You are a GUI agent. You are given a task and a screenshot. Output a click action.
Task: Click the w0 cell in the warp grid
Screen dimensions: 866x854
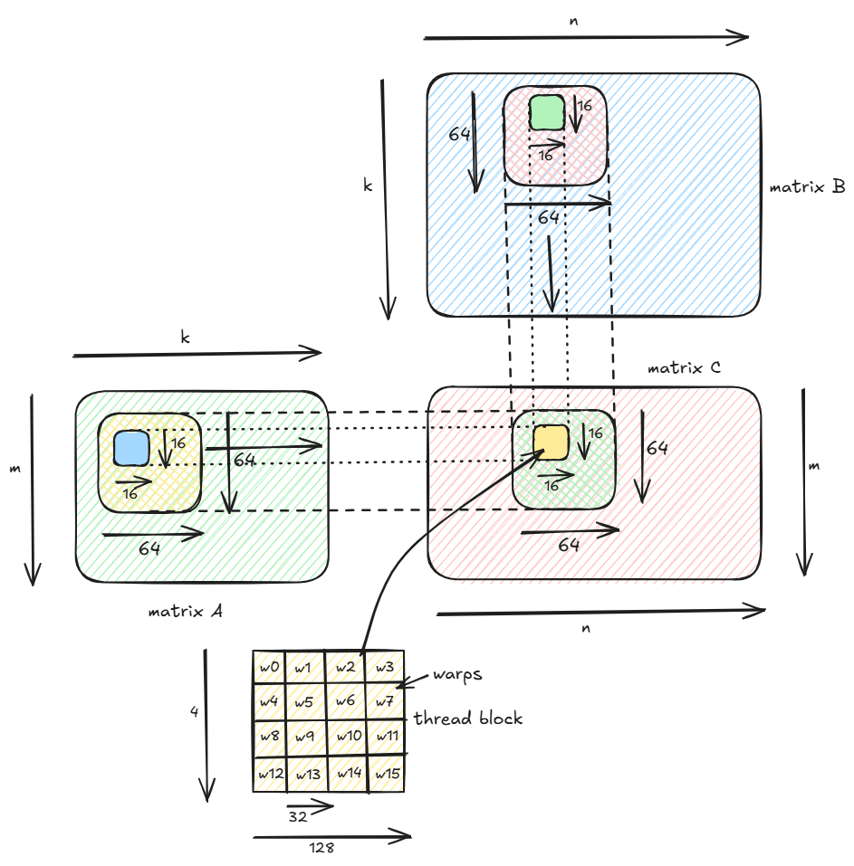(x=269, y=668)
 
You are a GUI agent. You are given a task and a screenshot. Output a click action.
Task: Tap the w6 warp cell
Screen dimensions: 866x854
(x=345, y=700)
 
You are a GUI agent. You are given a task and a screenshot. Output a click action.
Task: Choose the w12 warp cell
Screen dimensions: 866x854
(x=270, y=774)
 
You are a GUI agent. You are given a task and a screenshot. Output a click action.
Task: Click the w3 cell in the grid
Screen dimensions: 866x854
(x=385, y=668)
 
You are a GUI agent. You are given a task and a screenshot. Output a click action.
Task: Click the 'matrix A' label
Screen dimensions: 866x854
(x=186, y=611)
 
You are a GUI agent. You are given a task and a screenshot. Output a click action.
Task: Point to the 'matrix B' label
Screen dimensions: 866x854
(x=807, y=187)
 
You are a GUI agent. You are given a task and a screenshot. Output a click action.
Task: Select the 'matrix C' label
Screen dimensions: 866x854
(x=685, y=368)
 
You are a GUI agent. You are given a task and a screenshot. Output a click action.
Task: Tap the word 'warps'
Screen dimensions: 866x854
(x=456, y=674)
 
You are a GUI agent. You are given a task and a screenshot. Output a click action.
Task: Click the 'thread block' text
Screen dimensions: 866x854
(x=468, y=718)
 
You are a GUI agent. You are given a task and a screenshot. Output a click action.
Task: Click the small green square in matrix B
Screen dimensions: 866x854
(x=547, y=112)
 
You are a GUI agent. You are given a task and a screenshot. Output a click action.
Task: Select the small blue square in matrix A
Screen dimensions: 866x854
(x=130, y=447)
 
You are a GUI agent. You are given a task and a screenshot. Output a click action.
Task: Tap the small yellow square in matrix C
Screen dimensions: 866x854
(x=550, y=441)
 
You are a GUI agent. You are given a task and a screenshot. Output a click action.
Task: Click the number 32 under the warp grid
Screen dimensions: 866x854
(x=298, y=816)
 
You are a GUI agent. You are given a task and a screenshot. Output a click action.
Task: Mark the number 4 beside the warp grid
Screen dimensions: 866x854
(x=194, y=712)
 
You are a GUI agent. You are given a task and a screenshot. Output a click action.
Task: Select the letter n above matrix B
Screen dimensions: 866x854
(x=573, y=20)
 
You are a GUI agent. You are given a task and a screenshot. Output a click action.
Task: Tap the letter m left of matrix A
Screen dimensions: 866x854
(x=14, y=470)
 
